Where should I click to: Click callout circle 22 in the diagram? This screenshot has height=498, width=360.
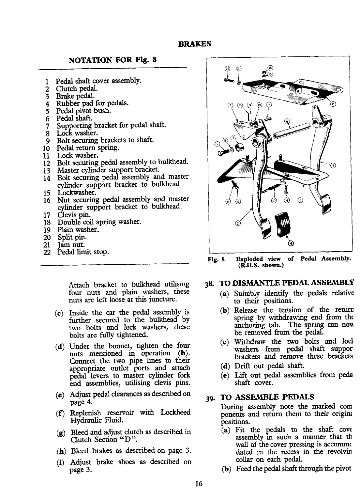[x=227, y=69]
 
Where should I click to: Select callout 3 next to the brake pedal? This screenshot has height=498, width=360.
[x=333, y=165]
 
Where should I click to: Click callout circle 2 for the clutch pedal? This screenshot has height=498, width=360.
[x=237, y=223]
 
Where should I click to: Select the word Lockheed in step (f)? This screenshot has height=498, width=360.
[x=175, y=412]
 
